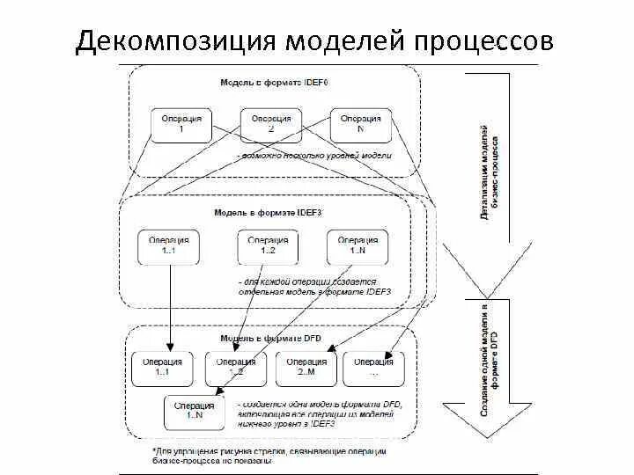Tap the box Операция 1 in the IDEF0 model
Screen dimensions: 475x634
[181, 124]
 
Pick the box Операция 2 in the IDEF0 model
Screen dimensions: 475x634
[270, 124]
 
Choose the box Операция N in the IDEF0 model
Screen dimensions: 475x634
[361, 124]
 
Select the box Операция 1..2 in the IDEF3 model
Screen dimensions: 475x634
[268, 246]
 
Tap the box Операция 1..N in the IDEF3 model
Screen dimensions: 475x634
[357, 246]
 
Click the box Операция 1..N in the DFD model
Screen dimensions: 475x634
[195, 411]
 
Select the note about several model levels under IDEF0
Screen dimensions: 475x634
[315, 155]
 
